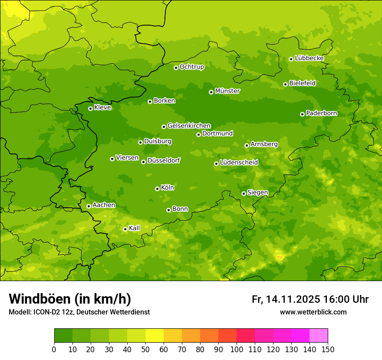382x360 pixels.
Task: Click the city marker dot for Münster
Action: [x=211, y=92]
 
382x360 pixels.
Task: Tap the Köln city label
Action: [x=167, y=188]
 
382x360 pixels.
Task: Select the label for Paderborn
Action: [x=321, y=113]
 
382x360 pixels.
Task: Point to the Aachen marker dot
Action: [x=89, y=206]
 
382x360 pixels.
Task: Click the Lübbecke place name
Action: [x=309, y=58]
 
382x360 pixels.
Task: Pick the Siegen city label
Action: [x=257, y=193]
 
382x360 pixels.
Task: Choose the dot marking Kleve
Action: [x=90, y=108]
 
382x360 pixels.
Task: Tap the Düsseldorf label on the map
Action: [x=163, y=160]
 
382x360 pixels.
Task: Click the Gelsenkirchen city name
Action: [x=189, y=126]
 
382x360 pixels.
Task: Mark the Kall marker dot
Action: [x=125, y=229]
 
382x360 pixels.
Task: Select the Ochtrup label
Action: [x=191, y=67]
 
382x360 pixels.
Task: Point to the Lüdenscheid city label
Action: [x=239, y=163]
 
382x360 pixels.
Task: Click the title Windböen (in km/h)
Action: [x=69, y=299]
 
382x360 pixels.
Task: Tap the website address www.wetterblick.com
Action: [x=313, y=312]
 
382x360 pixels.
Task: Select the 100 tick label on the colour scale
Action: [x=237, y=349]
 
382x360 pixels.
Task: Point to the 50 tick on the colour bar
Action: [x=145, y=349]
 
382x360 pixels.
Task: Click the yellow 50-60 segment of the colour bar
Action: [x=155, y=336]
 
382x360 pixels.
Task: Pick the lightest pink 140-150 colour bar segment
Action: [x=319, y=336]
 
